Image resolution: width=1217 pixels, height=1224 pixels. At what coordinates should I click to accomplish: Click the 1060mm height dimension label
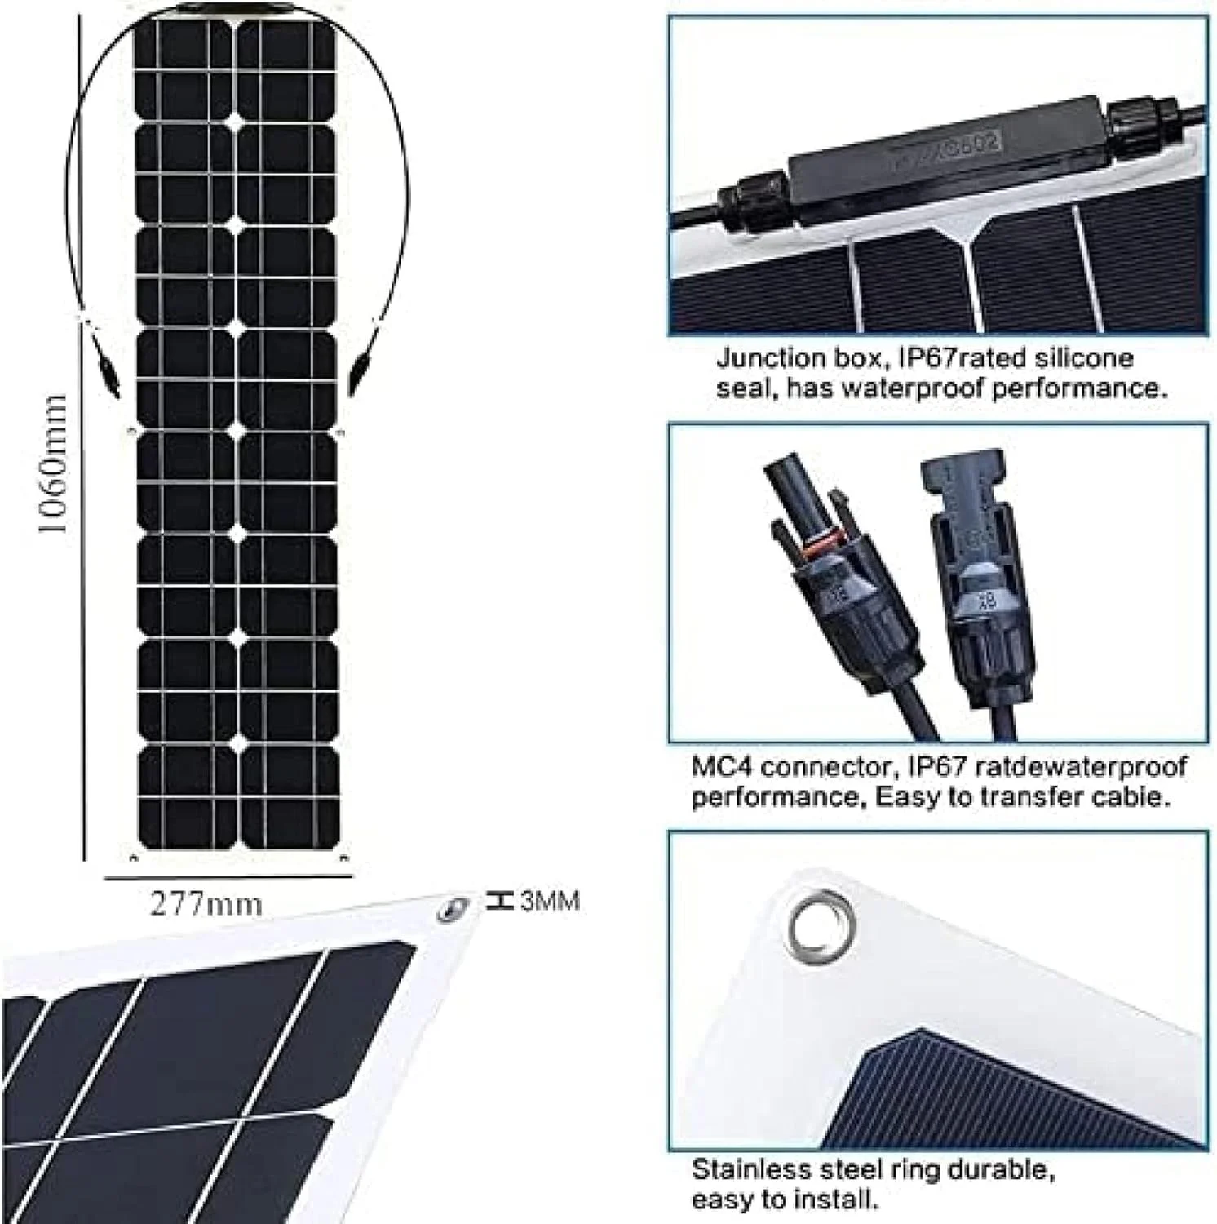[x=53, y=465]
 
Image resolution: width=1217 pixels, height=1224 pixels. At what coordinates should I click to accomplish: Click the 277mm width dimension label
[x=206, y=904]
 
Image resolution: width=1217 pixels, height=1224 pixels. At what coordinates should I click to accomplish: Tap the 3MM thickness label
[x=550, y=901]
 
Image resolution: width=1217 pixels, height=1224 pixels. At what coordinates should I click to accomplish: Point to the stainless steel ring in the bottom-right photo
[x=821, y=925]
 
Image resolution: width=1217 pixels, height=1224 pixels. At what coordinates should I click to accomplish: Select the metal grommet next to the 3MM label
[x=451, y=907]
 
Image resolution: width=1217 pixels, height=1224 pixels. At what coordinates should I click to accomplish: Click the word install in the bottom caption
[x=839, y=1200]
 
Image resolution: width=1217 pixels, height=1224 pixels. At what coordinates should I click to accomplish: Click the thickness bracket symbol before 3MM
[x=498, y=901]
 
